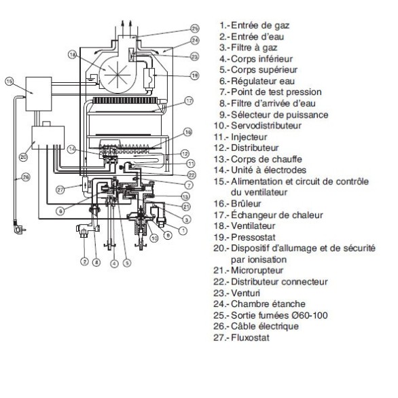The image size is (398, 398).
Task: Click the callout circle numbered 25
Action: (x=195, y=29)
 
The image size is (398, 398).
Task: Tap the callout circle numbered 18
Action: (x=73, y=54)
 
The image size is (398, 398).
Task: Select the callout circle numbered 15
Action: (x=10, y=82)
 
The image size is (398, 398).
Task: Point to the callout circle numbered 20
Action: (x=23, y=157)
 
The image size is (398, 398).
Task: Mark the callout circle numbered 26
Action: (x=25, y=179)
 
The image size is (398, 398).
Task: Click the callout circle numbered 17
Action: (x=189, y=101)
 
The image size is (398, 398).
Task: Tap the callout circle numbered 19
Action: (x=194, y=75)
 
